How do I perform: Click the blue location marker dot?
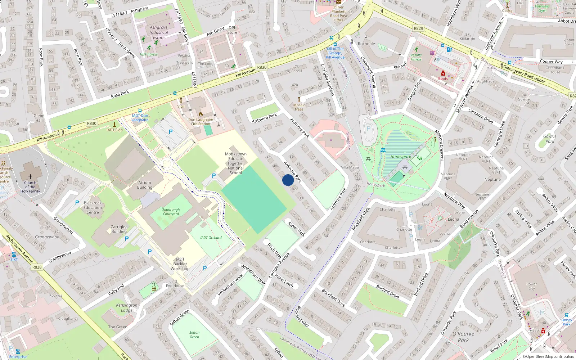[x=288, y=180]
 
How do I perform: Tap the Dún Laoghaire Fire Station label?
[x=201, y=122]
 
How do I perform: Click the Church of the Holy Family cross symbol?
[x=30, y=177]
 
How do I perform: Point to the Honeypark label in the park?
[x=400, y=157]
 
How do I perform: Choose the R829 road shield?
[x=418, y=28]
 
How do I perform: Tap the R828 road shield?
[x=37, y=267]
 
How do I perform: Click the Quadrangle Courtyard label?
[x=171, y=212]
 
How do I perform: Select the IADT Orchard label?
[x=211, y=238]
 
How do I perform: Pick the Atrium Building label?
[x=145, y=185]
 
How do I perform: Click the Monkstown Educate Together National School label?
[x=236, y=163]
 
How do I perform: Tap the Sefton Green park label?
[x=194, y=335]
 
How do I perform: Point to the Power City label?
[x=531, y=286]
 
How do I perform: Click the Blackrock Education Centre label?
[x=93, y=207]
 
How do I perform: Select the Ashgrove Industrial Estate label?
[x=159, y=32]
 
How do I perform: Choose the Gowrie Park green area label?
[x=550, y=139]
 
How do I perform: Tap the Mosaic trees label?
[x=299, y=107]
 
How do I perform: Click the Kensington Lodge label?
[x=127, y=307]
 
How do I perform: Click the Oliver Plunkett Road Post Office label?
[x=339, y=14]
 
